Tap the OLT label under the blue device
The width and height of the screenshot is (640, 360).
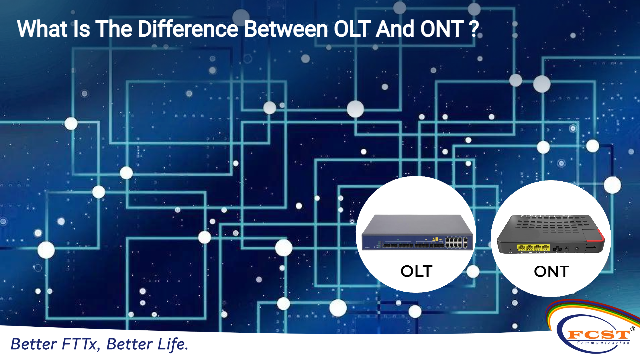(416, 271)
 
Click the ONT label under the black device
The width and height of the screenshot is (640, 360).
(551, 272)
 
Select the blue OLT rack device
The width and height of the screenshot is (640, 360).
(417, 232)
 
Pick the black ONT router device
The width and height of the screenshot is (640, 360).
(551, 234)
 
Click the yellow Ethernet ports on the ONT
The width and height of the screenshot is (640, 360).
(533, 248)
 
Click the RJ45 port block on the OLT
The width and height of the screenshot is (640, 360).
(456, 242)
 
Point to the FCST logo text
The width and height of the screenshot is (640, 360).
(599, 334)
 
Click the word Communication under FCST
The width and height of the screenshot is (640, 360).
(603, 343)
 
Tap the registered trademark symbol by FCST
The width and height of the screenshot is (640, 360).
(633, 329)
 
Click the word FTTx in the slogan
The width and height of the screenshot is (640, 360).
(81, 344)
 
